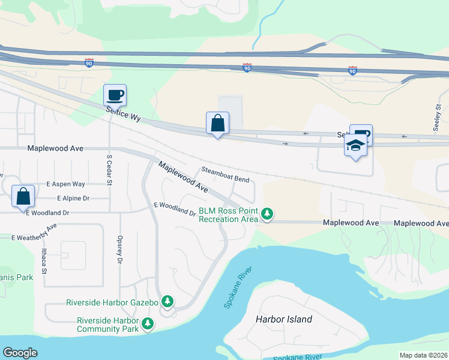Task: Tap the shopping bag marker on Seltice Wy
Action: pyautogui.click(x=217, y=123)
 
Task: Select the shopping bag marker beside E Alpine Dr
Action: pyautogui.click(x=23, y=196)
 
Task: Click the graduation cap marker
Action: pyautogui.click(x=355, y=146)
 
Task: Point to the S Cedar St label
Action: pyautogui.click(x=109, y=166)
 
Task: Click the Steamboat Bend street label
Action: pyautogui.click(x=224, y=175)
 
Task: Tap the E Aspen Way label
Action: pyautogui.click(x=65, y=184)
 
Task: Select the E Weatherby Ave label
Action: pyautogui.click(x=34, y=233)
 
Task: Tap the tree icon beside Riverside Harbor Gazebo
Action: pyautogui.click(x=169, y=301)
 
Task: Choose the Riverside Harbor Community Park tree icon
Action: pyautogui.click(x=147, y=325)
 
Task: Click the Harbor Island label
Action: pyautogui.click(x=284, y=319)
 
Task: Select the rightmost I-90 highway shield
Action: pyautogui.click(x=352, y=71)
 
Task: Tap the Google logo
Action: pyautogui.click(x=20, y=353)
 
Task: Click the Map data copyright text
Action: pyautogui.click(x=423, y=355)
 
